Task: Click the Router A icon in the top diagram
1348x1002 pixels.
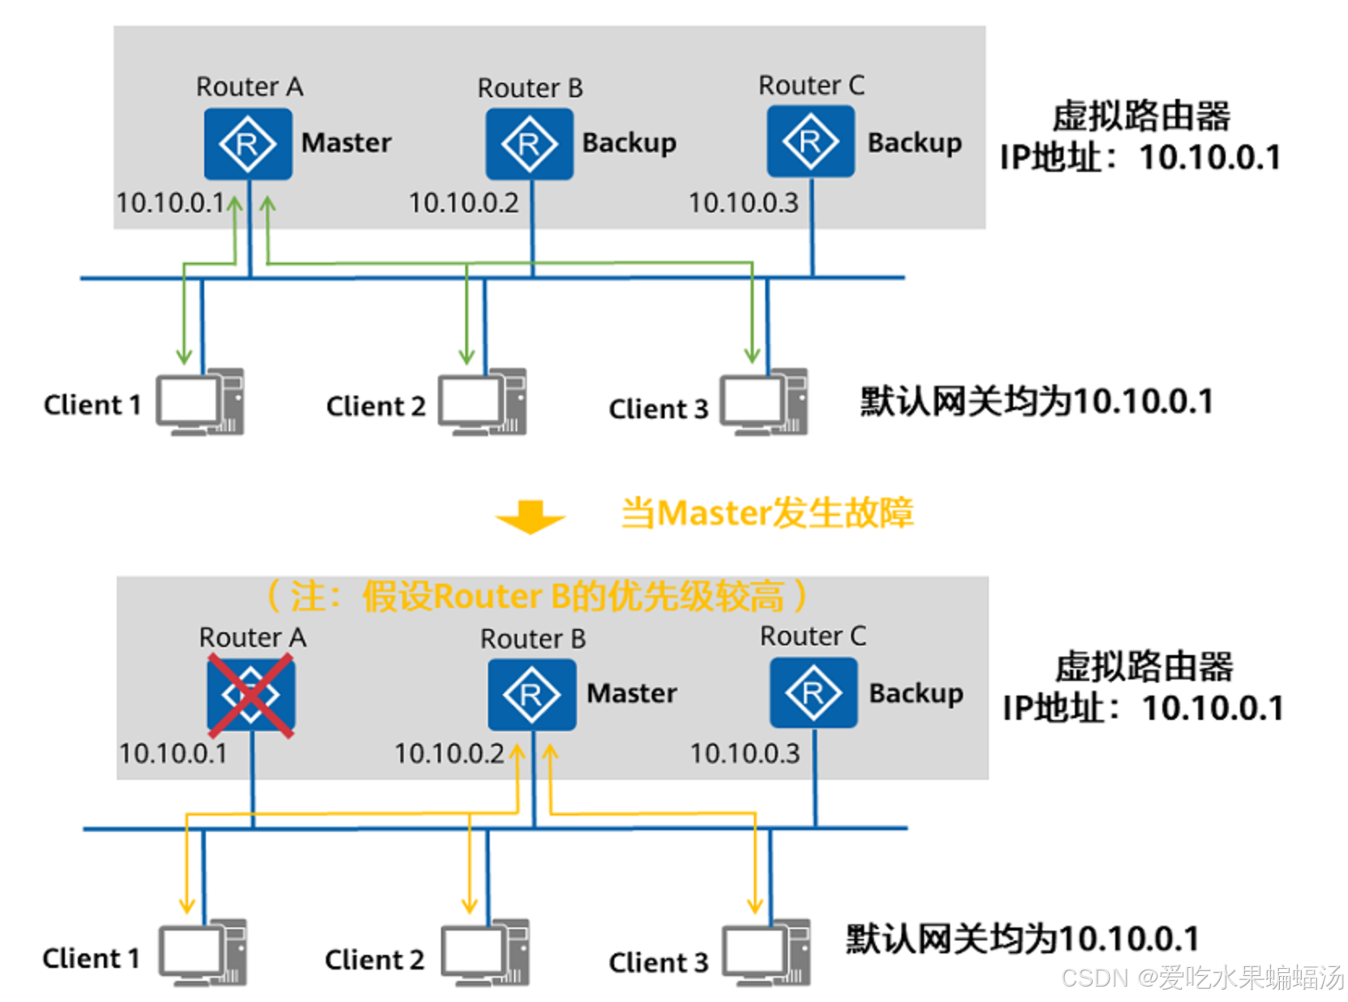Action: (247, 143)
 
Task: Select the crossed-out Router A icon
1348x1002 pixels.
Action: (250, 696)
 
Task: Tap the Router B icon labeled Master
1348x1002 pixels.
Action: (532, 694)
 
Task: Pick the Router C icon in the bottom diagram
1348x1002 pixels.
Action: (813, 692)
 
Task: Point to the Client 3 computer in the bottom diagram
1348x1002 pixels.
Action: (766, 953)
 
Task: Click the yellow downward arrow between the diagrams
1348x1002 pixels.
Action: (530, 517)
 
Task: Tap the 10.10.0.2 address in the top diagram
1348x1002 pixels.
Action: (464, 203)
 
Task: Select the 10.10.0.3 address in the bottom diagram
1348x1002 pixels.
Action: (744, 754)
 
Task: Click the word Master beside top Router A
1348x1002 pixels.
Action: (346, 143)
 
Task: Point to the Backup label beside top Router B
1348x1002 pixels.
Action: (629, 143)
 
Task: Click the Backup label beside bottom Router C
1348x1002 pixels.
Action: (916, 693)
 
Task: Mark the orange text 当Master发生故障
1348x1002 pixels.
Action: (767, 513)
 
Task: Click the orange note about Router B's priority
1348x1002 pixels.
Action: (537, 597)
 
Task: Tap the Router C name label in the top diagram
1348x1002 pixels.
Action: (811, 85)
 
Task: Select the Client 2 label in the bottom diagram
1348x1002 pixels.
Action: (374, 960)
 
